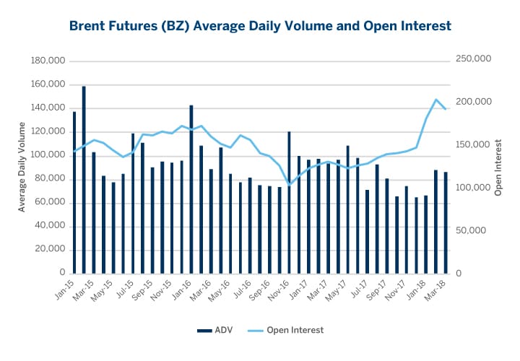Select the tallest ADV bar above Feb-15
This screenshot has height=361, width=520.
pyautogui.click(x=84, y=180)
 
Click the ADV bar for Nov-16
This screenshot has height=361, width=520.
pyautogui.click(x=289, y=203)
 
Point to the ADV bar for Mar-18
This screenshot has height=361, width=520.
pyautogui.click(x=446, y=223)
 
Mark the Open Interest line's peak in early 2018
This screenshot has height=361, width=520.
pyautogui.click(x=436, y=100)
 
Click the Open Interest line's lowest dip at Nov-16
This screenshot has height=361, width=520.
pyautogui.click(x=289, y=185)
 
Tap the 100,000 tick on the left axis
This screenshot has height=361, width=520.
pyautogui.click(x=46, y=155)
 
